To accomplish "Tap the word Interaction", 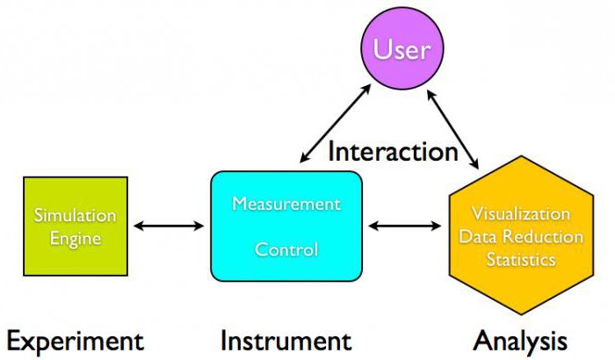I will [393, 151].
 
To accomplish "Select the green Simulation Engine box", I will [75, 226].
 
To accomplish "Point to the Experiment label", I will [75, 341].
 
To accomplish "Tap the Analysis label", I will [520, 341].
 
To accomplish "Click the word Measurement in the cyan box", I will [286, 204].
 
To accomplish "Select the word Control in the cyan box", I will [286, 249].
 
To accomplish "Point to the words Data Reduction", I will [520, 237].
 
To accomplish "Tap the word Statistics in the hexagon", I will [520, 260].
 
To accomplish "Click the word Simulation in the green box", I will [75, 215].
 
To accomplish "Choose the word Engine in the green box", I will [75, 238].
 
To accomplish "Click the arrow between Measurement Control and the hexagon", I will [405, 227].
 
